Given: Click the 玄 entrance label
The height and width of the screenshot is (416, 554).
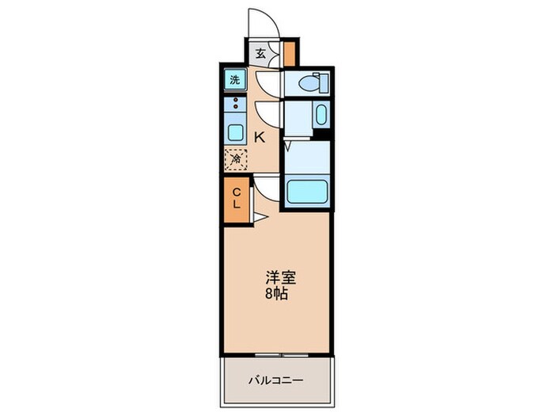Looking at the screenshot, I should [x=260, y=54].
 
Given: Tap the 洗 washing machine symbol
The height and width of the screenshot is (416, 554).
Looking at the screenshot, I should [x=235, y=79].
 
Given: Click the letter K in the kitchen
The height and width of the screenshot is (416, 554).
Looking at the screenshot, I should [x=259, y=137].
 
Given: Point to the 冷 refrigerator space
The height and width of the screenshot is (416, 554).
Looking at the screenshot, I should [x=236, y=158].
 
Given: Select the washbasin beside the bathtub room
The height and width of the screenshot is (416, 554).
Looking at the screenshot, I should [x=321, y=116].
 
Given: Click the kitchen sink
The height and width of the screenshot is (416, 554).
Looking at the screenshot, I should [x=236, y=131].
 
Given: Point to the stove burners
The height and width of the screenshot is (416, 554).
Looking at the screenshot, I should [x=235, y=103].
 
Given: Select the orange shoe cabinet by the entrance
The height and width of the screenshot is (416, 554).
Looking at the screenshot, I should [x=290, y=54].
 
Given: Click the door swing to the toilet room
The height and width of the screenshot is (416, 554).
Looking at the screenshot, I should [x=266, y=82].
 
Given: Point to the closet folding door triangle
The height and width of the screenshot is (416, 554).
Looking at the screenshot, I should [x=260, y=215].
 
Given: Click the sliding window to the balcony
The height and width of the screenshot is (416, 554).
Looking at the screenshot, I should [x=276, y=352].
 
